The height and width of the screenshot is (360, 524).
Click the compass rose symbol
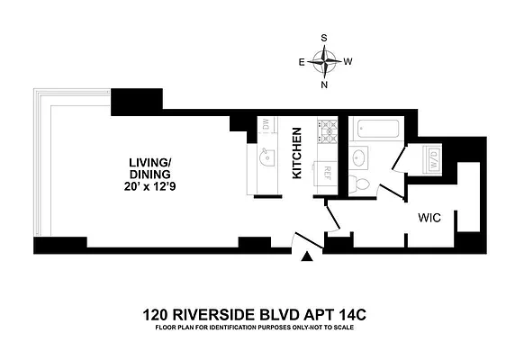coord(325,61)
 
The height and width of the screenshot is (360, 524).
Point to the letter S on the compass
coord(325,39)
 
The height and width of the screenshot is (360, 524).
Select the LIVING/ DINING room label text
coord(149,169)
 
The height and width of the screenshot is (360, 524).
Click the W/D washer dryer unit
coord(433,162)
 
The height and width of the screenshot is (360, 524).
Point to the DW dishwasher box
coord(265,127)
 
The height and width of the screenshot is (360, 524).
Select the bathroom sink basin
coord(360,158)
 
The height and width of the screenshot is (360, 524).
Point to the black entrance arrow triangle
coord(308,257)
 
